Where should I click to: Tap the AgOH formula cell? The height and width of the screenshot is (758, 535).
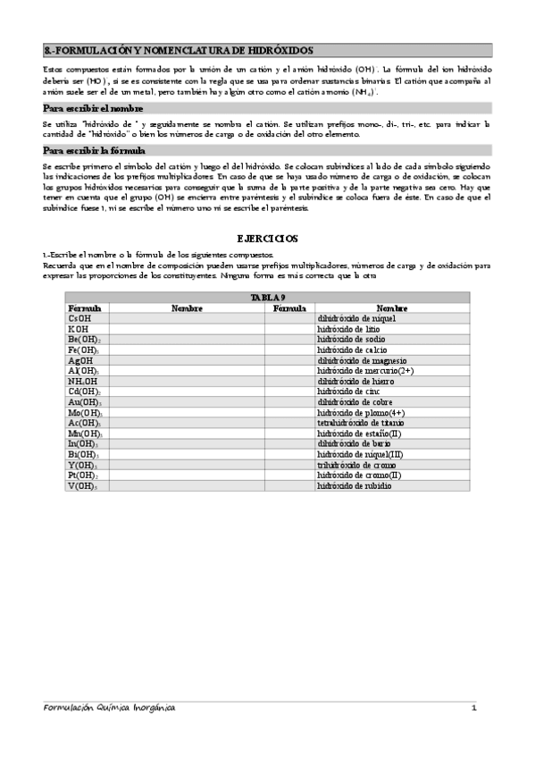click(79, 360)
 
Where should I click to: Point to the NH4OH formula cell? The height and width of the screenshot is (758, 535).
click(81, 381)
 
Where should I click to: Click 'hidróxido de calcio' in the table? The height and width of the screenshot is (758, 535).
click(352, 350)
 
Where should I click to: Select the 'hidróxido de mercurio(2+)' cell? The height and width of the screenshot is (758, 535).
click(365, 370)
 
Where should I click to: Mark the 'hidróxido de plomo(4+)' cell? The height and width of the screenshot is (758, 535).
click(361, 412)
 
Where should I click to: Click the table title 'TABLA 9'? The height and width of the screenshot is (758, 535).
click(267, 298)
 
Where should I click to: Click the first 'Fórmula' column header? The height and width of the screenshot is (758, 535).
click(84, 307)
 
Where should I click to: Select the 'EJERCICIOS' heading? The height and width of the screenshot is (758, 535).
click(267, 239)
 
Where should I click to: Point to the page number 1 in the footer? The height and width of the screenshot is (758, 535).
click(475, 708)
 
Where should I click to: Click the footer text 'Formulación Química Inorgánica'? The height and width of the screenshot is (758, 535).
click(110, 708)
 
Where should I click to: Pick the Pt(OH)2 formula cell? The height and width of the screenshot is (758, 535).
click(82, 476)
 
